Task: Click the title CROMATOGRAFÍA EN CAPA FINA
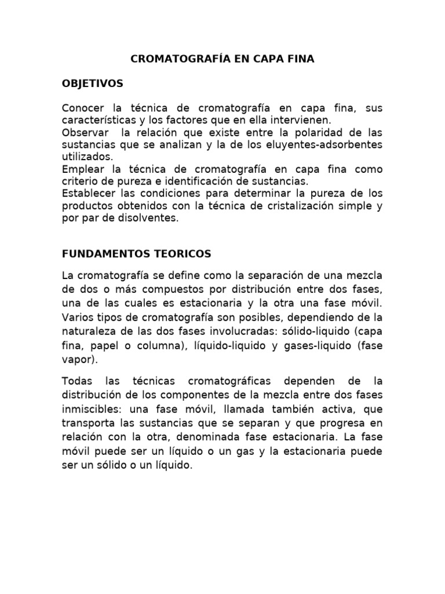click(222, 59)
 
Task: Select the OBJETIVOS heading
click(92, 84)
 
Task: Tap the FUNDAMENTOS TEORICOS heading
click(136, 253)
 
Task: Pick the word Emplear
click(81, 169)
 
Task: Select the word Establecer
click(87, 194)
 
